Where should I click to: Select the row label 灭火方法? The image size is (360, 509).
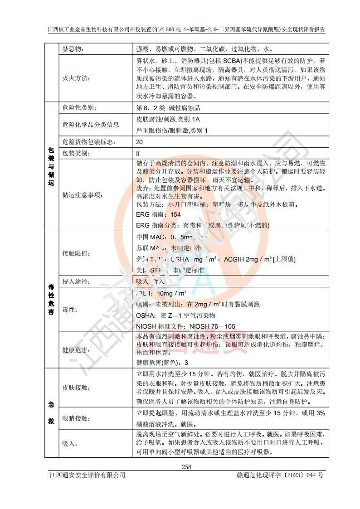pos(73,78)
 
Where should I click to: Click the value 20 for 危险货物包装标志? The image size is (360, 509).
pos(140,142)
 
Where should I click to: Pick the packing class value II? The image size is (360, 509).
pos(138,153)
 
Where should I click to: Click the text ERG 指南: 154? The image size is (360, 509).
pos(158,214)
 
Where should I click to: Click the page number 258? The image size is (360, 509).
pos(186,467)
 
